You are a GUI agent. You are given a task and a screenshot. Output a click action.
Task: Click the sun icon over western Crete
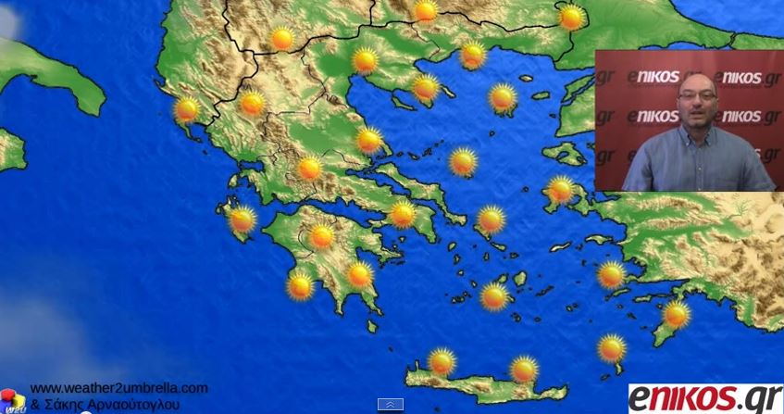click(442, 361)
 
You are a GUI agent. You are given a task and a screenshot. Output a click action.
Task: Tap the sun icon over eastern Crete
click(524, 369)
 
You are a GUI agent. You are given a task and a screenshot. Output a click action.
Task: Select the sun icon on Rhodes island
click(677, 315)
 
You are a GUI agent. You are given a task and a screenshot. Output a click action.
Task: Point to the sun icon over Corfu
click(187, 109)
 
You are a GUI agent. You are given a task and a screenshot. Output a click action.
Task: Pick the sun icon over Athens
click(403, 214)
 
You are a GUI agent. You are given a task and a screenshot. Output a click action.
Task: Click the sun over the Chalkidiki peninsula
click(426, 88)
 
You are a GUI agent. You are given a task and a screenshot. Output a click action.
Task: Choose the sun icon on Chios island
click(560, 190)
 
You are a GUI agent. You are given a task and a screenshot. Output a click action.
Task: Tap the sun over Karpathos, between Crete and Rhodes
click(611, 348)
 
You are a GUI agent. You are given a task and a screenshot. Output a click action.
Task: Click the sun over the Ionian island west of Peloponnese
click(242, 220)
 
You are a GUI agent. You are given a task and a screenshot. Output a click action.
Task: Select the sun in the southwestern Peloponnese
click(300, 286)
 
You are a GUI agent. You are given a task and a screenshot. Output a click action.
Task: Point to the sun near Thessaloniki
click(366, 61)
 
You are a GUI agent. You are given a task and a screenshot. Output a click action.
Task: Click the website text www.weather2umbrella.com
click(118, 388)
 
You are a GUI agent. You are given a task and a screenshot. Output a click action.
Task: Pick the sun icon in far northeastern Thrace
click(572, 18)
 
